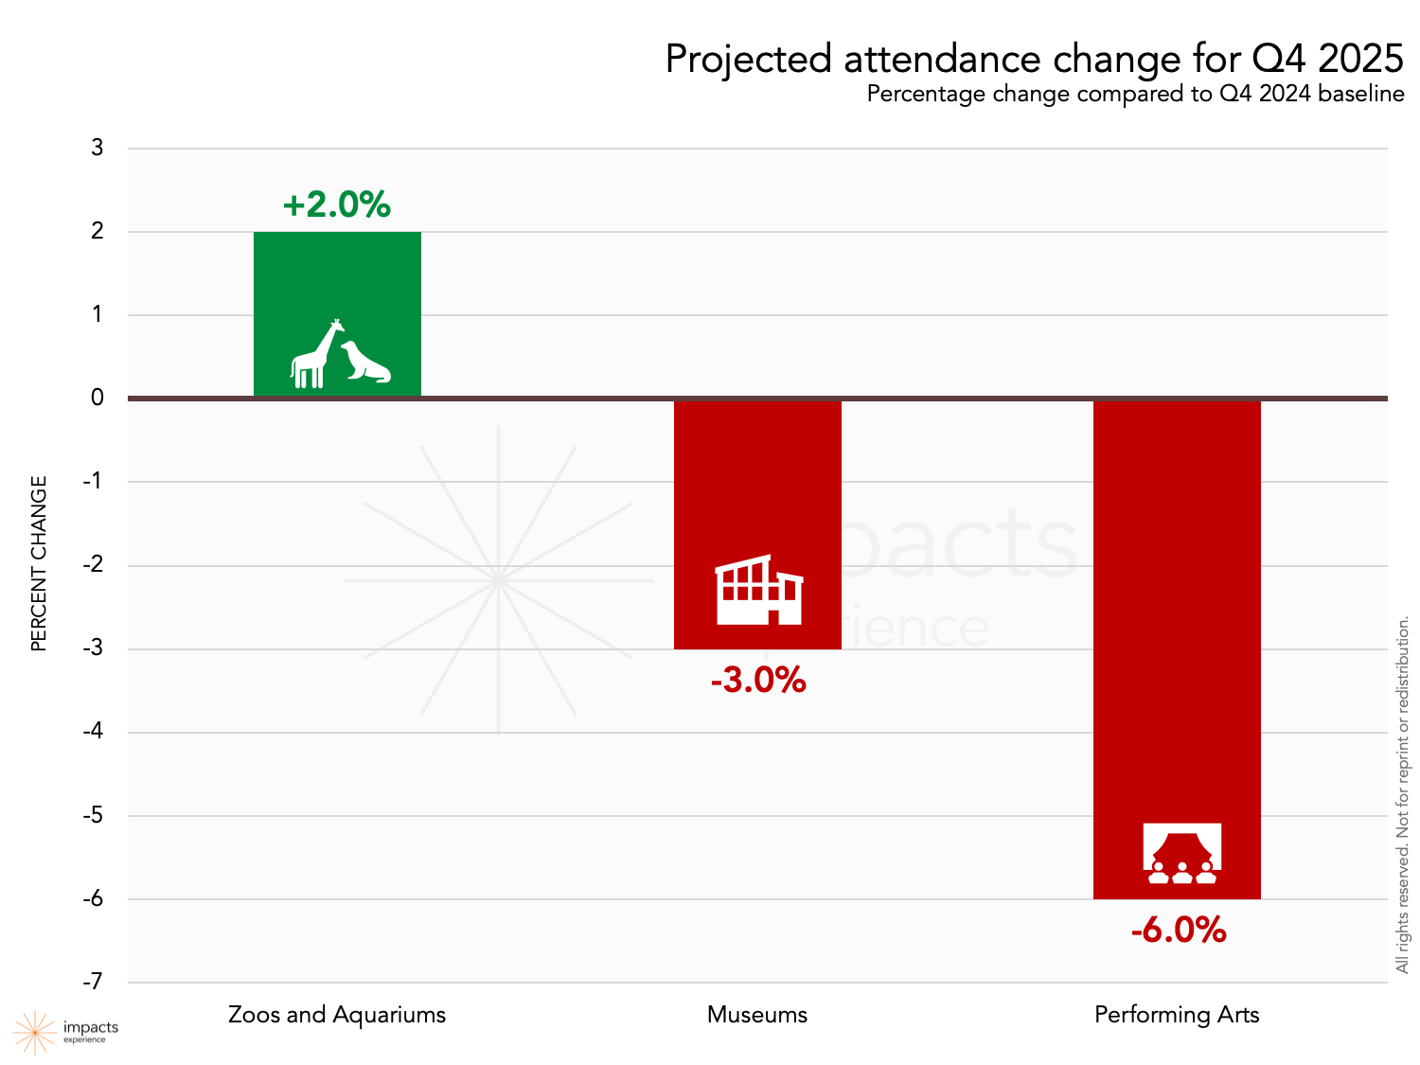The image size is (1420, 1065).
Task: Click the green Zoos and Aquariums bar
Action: (337, 284)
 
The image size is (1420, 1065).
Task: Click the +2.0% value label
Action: (337, 205)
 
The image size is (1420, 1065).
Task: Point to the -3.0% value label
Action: (758, 681)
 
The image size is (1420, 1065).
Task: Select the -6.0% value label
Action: (1179, 931)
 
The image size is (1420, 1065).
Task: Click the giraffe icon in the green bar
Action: (316, 355)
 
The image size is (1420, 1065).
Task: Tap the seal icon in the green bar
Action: (366, 363)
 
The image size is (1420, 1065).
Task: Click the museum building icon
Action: (759, 591)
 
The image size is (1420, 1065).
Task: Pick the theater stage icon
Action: (1181, 853)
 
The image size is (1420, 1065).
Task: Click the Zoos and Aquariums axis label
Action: (337, 1015)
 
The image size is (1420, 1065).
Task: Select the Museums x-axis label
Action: (757, 1015)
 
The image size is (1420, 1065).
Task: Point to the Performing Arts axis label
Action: (1177, 1015)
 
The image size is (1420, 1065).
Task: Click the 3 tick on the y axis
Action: (98, 148)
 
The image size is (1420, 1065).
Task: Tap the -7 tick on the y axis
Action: (93, 982)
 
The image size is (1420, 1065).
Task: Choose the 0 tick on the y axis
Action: (98, 398)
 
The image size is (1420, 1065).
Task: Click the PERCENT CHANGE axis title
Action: (39, 563)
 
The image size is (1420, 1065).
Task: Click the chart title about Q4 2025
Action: (1034, 59)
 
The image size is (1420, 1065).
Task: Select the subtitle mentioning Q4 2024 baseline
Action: (1135, 94)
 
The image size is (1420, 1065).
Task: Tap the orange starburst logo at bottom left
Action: (34, 1032)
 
